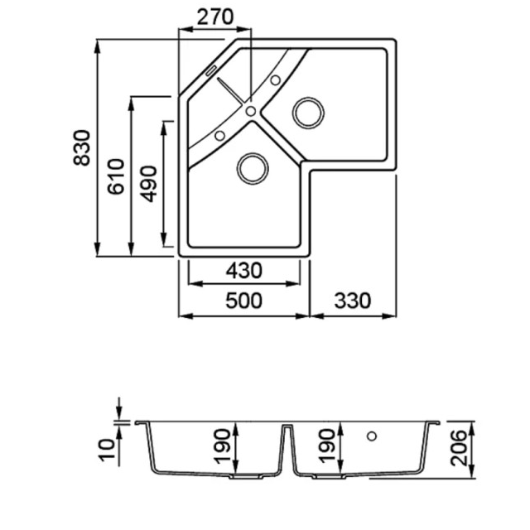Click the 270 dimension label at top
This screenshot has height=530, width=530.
point(215,17)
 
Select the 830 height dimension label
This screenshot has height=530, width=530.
point(82,147)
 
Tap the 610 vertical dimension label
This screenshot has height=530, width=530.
point(116,176)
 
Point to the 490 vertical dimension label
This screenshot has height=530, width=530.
point(149,184)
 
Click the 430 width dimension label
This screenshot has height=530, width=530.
point(243,271)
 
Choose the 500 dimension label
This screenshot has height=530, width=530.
point(243,301)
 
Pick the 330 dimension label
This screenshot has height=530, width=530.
point(353,301)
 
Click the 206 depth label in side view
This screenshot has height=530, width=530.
point(459,448)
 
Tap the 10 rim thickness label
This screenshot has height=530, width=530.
point(107,450)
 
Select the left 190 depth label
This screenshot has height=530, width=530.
point(222,446)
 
